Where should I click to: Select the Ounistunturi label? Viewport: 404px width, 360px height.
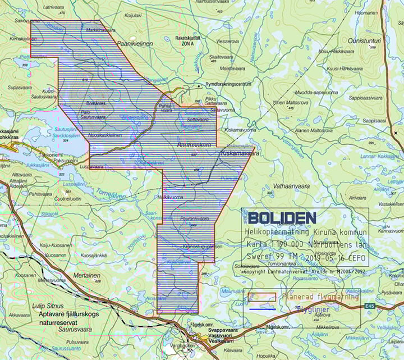(x=364, y=40)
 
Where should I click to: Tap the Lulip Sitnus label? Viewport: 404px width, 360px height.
(x=47, y=306)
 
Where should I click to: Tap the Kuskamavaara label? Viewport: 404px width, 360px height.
(x=240, y=152)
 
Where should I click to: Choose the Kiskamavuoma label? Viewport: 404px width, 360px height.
(x=240, y=130)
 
